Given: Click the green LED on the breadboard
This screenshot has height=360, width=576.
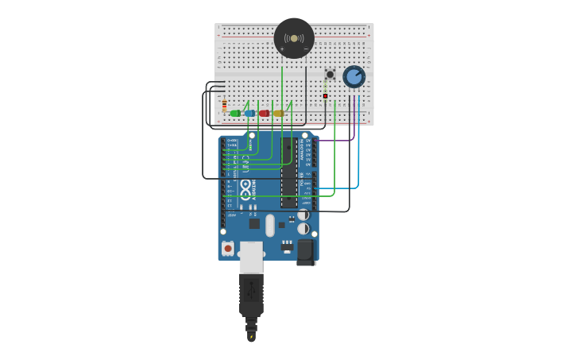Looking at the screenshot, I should click(x=235, y=114).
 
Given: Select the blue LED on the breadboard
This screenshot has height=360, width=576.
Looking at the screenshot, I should click(x=249, y=114).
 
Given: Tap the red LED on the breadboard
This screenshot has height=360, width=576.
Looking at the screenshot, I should click(x=264, y=114).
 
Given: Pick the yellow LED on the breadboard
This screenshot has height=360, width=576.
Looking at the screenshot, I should click(x=278, y=114).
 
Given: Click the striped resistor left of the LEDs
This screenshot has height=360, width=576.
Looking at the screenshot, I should click(x=224, y=105).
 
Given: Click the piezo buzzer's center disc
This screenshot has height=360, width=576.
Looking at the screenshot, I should click(x=294, y=38).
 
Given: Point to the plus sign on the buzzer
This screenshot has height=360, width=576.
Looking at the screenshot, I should click(x=281, y=49).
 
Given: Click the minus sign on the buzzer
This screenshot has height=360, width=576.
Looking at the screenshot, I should click(x=306, y=49).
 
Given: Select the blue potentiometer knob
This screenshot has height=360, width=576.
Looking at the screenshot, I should click(x=354, y=76).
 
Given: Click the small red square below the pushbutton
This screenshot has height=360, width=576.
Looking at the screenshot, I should click(x=325, y=96).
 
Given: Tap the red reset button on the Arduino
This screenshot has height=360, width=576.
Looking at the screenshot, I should click(x=228, y=249).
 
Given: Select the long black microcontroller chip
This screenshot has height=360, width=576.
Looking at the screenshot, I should click(x=289, y=172).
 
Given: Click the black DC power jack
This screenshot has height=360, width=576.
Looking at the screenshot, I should click(x=306, y=252).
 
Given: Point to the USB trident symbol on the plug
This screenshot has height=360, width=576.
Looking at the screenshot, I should click(x=251, y=285).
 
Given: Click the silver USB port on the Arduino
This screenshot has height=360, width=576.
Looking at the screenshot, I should click(x=251, y=256).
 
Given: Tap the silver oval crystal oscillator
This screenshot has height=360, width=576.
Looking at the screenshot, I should click(x=270, y=226).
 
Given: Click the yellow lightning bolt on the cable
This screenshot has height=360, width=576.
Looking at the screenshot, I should click(x=251, y=337).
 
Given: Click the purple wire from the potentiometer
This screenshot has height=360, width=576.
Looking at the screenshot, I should click(x=354, y=119).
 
